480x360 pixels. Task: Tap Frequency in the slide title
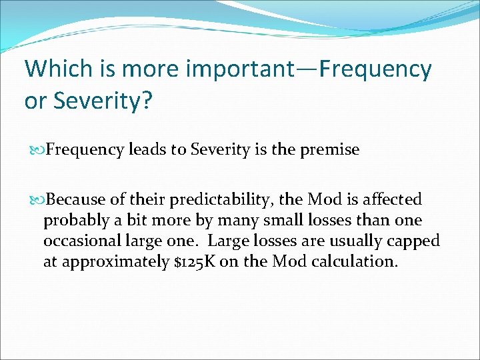375,69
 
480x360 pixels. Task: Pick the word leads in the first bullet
148,150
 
